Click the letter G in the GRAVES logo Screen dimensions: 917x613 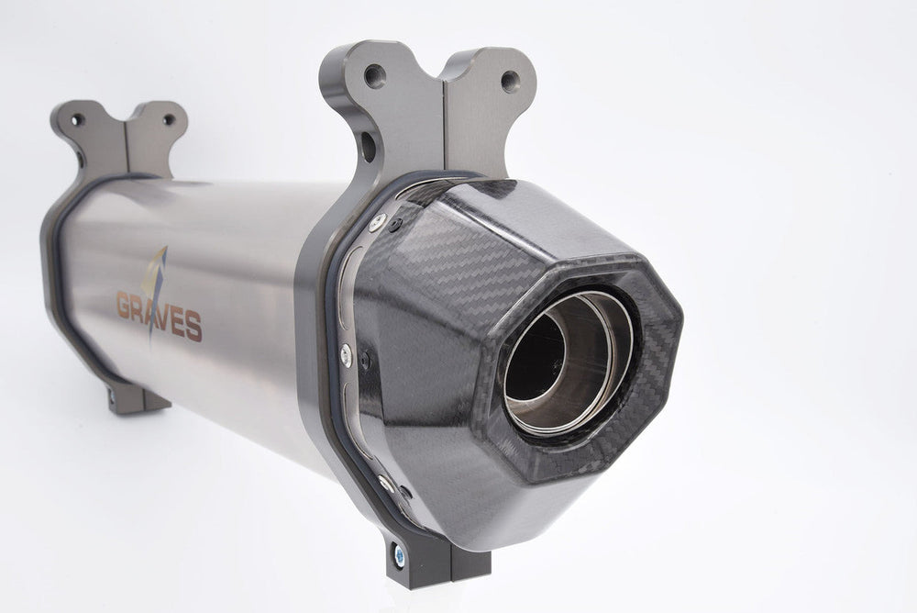pyautogui.click(x=125, y=305)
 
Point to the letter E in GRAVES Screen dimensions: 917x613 pyautogui.click(x=179, y=323)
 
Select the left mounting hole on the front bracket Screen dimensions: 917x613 pyautogui.click(x=374, y=75)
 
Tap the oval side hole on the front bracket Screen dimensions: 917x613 pyautogui.click(x=368, y=147)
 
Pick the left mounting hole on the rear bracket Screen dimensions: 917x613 pyautogui.click(x=77, y=120)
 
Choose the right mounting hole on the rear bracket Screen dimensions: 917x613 pyautogui.click(x=169, y=120)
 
